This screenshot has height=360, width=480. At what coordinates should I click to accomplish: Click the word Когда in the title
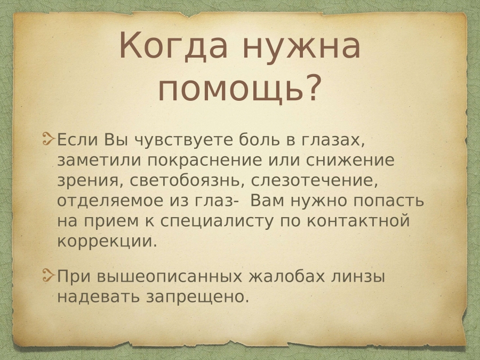[173, 45]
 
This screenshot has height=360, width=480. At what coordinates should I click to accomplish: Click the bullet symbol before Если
[49, 139]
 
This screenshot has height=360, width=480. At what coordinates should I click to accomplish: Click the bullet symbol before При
[49, 276]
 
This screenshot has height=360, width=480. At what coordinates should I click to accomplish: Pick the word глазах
[334, 141]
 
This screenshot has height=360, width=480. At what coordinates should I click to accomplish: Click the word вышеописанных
[169, 277]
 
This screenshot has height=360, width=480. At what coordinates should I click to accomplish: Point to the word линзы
[358, 277]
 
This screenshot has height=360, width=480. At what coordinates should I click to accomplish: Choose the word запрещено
[197, 297]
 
